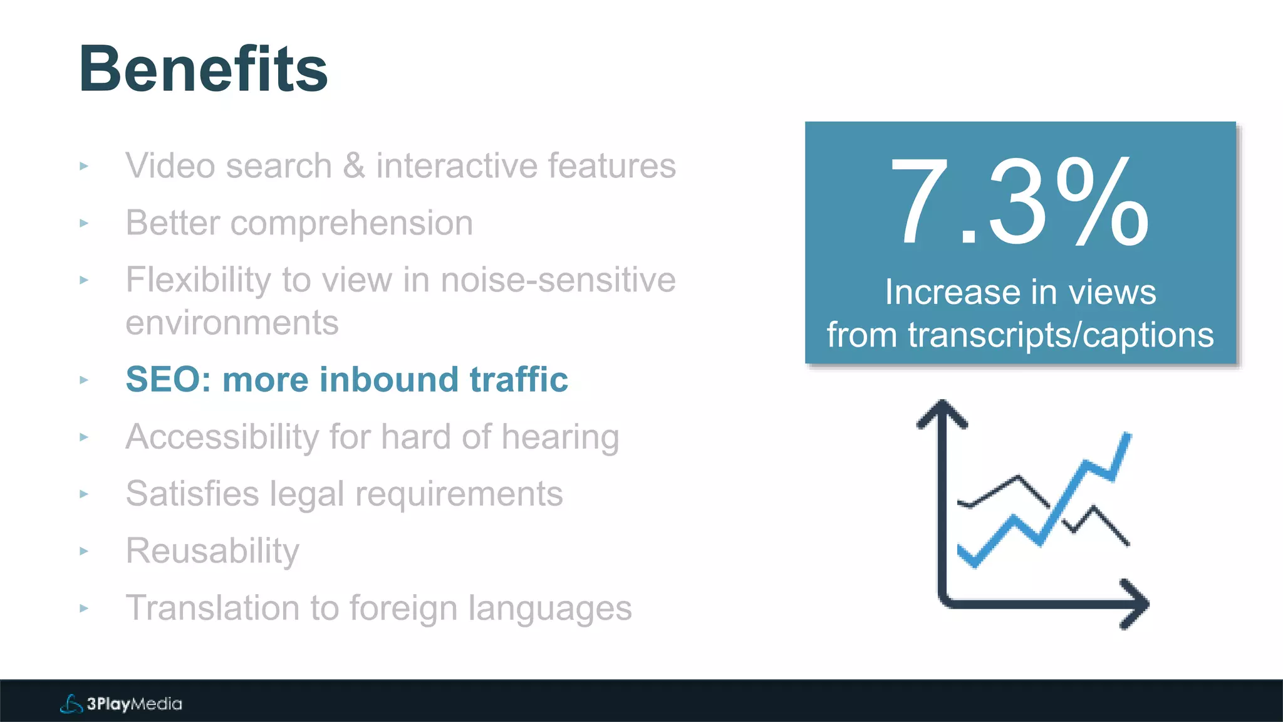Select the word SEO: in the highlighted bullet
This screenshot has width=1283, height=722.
[x=169, y=380]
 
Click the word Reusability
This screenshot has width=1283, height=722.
[x=212, y=551]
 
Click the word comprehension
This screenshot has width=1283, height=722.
[x=351, y=224]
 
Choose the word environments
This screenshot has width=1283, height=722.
[x=232, y=323]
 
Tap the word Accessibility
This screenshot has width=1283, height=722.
[x=222, y=437]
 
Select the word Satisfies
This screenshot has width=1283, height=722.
[x=192, y=494]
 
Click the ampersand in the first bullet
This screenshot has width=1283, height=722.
[x=354, y=166]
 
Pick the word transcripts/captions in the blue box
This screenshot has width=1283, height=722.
[x=1061, y=335]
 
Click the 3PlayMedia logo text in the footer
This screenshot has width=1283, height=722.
[x=134, y=704]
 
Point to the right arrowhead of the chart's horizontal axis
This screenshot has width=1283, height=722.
[x=1136, y=604]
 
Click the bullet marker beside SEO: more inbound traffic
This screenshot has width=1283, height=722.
[x=84, y=380]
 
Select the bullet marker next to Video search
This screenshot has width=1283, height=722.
[x=84, y=166]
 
